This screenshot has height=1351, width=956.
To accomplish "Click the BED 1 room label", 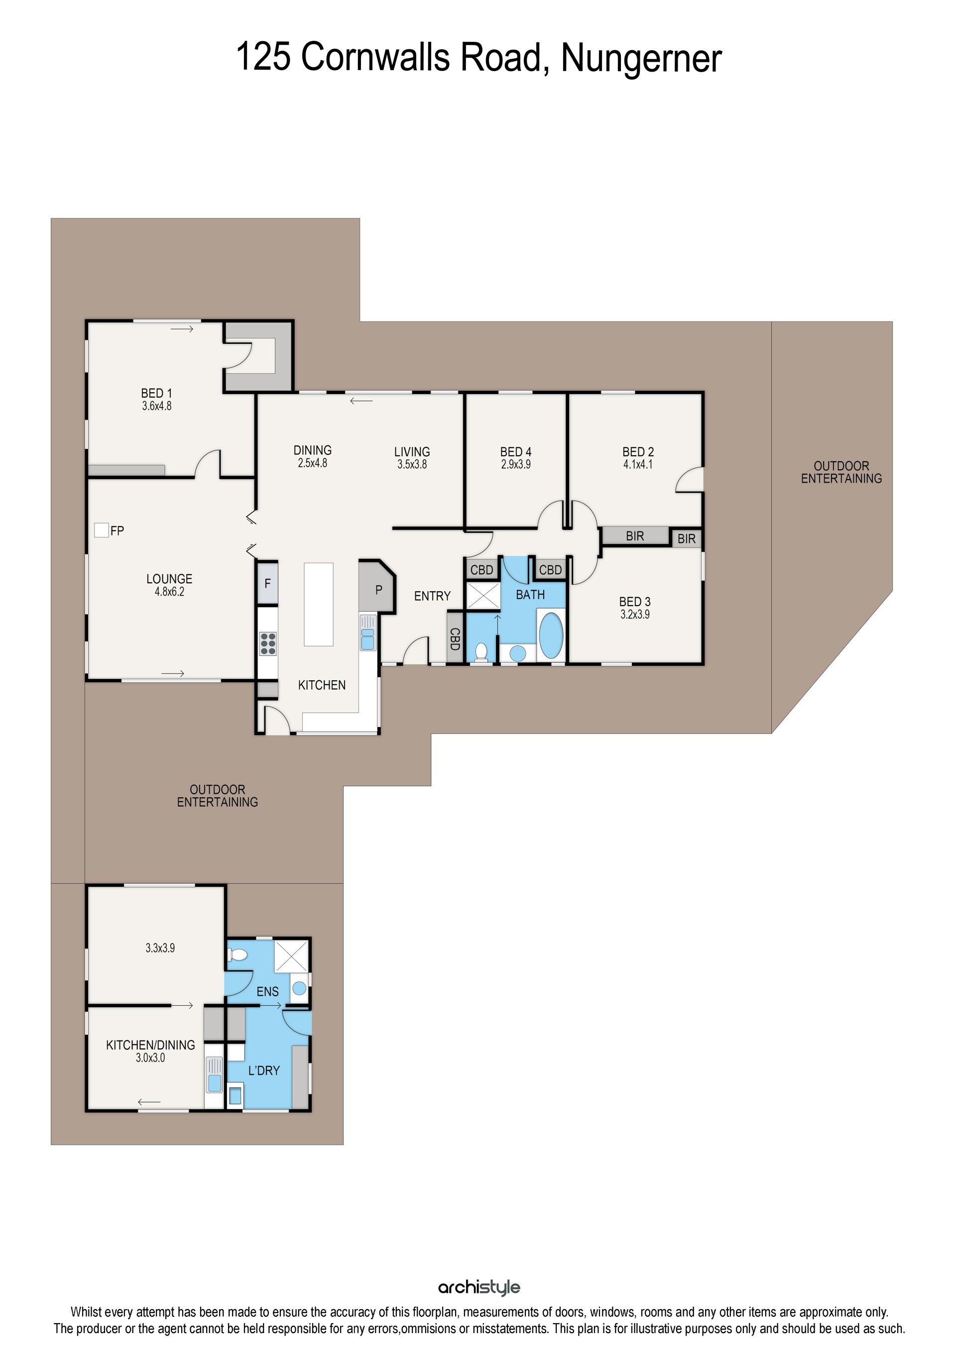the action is tap(156, 393).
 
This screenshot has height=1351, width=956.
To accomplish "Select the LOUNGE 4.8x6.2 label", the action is tap(169, 585).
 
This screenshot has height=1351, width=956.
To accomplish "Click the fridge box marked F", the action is tap(267, 583).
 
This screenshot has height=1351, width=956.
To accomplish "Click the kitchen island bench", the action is tap(319, 604).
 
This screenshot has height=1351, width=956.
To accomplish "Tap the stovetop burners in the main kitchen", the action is tap(268, 644).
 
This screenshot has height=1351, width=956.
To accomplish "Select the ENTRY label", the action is tap(432, 596).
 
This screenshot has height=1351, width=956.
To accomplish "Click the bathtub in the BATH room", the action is tap(551, 635).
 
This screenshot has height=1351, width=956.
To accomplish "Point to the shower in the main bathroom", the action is tap(483, 596).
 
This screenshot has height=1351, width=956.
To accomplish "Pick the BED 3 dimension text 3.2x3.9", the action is tap(635, 615).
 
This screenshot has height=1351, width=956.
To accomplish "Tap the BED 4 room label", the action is tap(516, 452).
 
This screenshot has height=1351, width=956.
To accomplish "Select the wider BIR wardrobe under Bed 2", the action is tap(634, 535).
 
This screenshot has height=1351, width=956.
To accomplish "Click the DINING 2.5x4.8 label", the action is tap(313, 456).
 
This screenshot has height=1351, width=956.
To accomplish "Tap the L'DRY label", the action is tap(264, 1070).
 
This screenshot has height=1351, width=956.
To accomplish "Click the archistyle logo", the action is tap(479, 1287).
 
